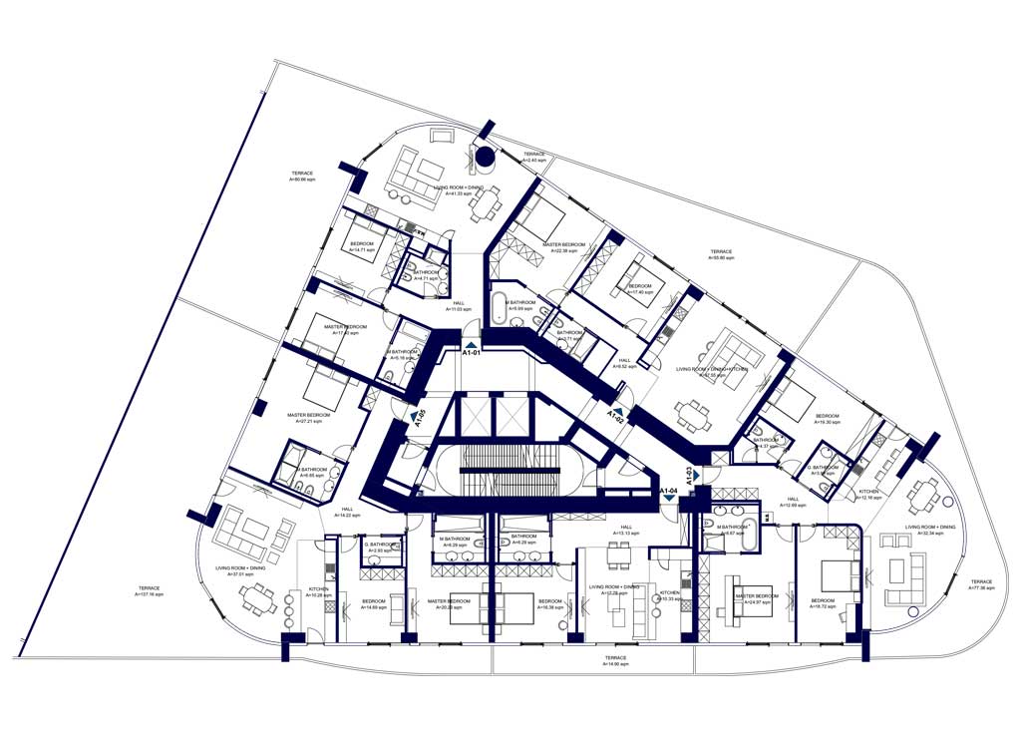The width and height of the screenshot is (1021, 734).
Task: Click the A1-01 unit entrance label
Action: pos(472,350)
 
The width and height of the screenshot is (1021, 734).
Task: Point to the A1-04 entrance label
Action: pos(669,491)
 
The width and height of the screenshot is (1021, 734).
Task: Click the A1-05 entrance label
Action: pos(420,417)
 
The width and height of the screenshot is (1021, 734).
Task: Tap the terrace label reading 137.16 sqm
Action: pos(149,591)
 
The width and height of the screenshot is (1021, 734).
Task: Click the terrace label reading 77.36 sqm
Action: pos(982,584)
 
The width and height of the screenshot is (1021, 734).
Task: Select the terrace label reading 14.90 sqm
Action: pos(615,661)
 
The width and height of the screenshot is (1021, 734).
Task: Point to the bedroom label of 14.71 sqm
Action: pos(362,247)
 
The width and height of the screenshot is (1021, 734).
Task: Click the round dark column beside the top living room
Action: pos(484,157)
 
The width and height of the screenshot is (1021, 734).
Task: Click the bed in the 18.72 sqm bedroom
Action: pos(834,576)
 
